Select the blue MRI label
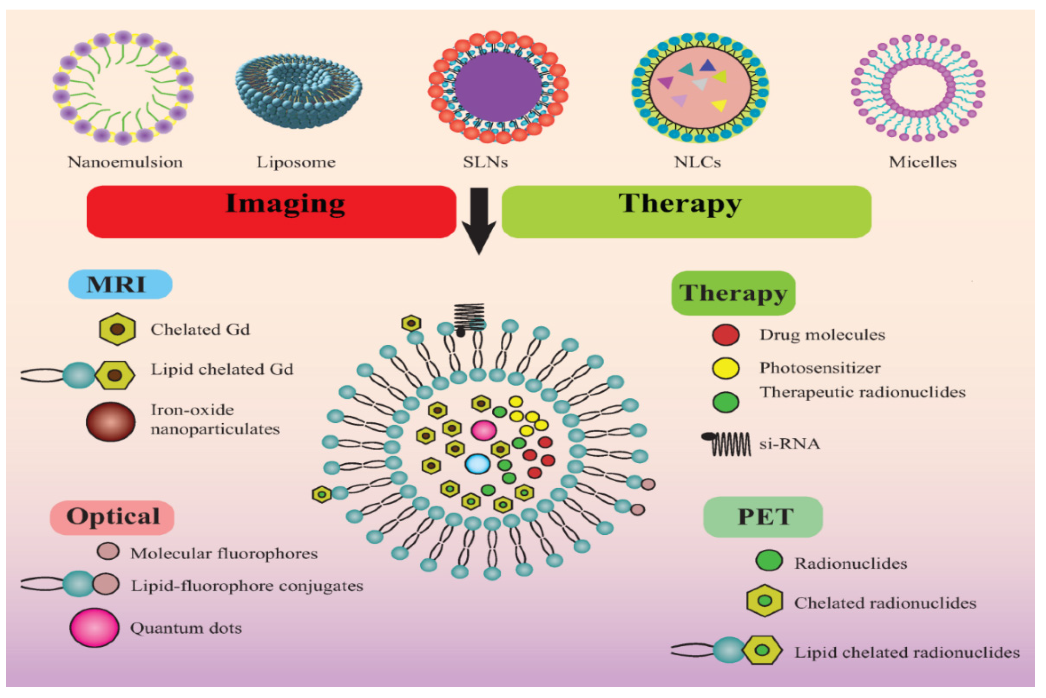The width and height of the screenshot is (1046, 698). click(120, 284)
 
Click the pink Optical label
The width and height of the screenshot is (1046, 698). click(112, 517)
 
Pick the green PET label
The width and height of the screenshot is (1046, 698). click(762, 517)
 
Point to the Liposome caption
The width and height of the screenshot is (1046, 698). click(296, 162)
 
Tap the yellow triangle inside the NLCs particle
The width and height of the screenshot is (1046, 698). click(719, 105)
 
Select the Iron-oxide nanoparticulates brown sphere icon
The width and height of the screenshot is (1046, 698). click(111, 421)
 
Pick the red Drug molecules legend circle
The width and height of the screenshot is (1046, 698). click(726, 335)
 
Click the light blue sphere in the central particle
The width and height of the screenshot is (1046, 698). click(477, 463)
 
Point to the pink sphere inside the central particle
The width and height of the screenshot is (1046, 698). click(484, 430)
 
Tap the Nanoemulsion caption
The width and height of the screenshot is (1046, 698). click(125, 162)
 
